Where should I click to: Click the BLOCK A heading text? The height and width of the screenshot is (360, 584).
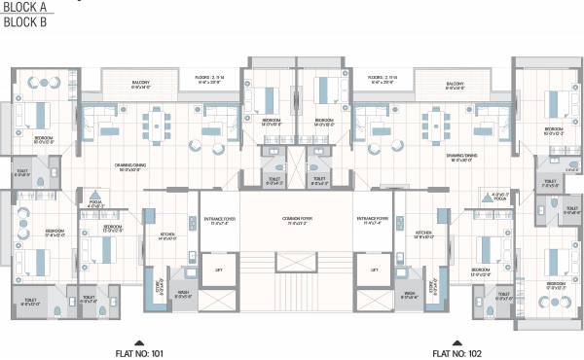tap(23, 7)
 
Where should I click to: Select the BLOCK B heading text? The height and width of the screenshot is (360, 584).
tap(23, 21)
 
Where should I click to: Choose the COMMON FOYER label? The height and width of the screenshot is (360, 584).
tap(295, 221)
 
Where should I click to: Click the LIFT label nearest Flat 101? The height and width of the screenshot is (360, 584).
tap(219, 270)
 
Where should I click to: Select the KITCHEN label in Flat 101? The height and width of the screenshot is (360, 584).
tap(167, 234)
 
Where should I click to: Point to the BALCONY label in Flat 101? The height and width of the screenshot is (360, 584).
tap(142, 84)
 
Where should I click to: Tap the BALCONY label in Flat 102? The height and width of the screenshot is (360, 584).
tap(455, 84)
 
